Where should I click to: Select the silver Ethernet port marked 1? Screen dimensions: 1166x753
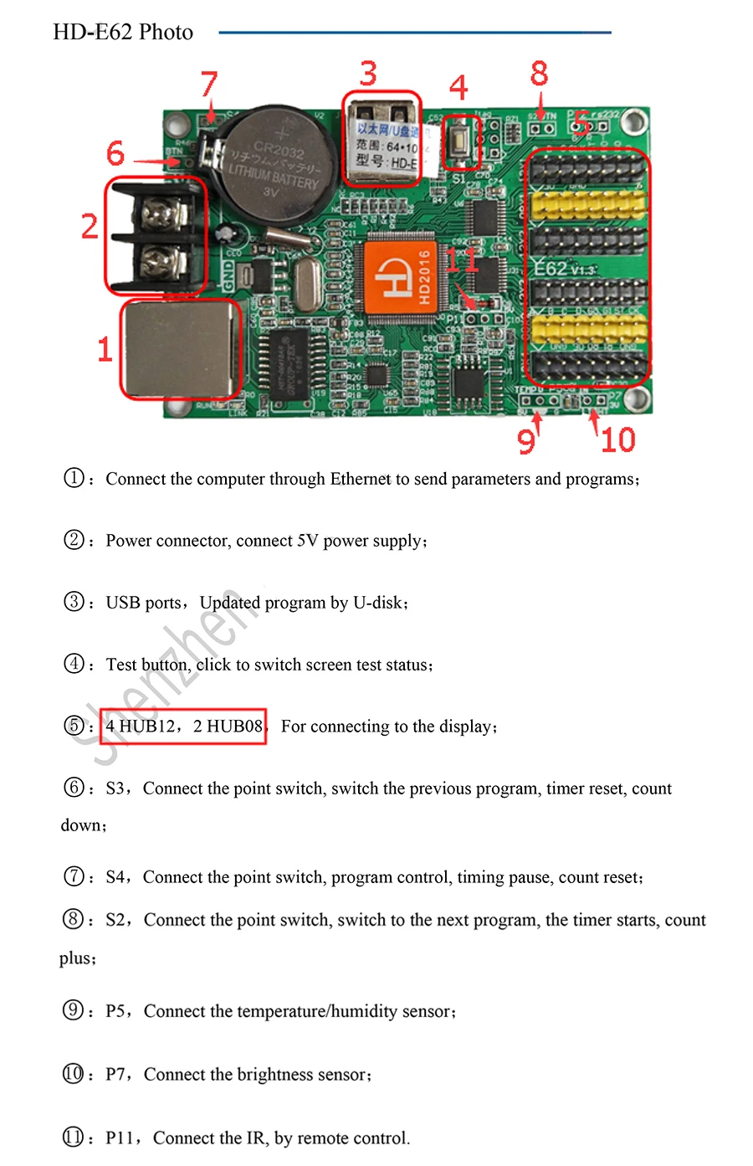[x=179, y=349]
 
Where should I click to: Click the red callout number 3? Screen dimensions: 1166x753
[x=368, y=74]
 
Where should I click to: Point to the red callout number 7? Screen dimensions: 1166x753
[x=209, y=84]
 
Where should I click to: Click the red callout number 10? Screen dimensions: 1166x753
[x=617, y=439]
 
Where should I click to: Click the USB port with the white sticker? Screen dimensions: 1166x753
[x=381, y=138]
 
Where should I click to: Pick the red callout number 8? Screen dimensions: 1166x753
[x=539, y=74]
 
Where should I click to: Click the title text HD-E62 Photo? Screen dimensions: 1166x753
[x=123, y=33]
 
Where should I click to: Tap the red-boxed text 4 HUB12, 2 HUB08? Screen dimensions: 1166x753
[x=184, y=726]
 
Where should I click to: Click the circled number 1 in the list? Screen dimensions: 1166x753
[x=74, y=478]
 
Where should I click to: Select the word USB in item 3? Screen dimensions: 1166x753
[x=123, y=603]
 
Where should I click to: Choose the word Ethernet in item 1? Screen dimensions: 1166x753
[x=361, y=479]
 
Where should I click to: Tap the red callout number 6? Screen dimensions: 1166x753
[x=115, y=153]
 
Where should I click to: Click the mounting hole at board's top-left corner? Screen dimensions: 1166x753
[x=177, y=125]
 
